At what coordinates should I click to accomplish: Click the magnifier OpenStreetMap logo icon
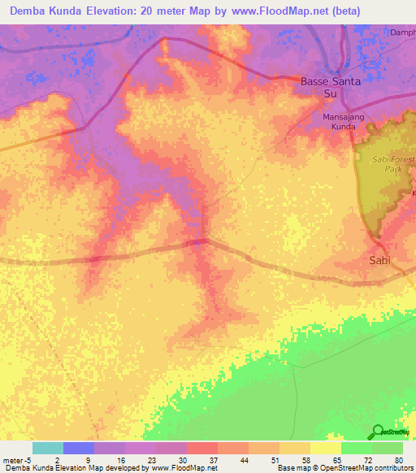click(x=378, y=432)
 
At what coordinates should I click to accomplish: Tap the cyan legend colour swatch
click(x=47, y=448)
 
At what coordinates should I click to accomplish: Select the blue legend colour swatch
click(x=79, y=448)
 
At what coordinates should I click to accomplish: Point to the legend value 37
click(x=214, y=459)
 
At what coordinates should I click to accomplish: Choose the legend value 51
click(x=275, y=459)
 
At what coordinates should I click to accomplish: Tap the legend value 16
click(x=121, y=459)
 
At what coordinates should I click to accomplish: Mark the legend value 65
click(x=337, y=459)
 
